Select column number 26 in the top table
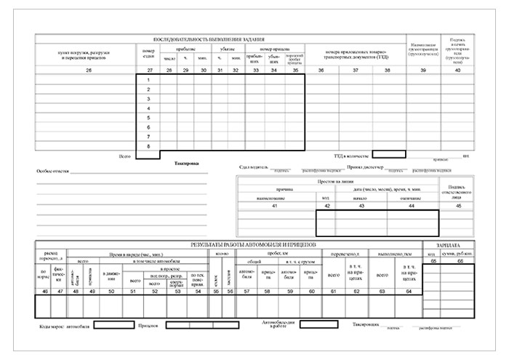click(88, 70)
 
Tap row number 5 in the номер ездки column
click(148, 117)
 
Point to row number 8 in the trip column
click(148, 145)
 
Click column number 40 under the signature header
click(457, 70)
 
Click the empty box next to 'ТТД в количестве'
click(388, 154)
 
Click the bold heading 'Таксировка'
click(185, 164)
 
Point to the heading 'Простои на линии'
click(336, 181)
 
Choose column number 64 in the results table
click(409, 291)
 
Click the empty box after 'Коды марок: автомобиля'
click(113, 325)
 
